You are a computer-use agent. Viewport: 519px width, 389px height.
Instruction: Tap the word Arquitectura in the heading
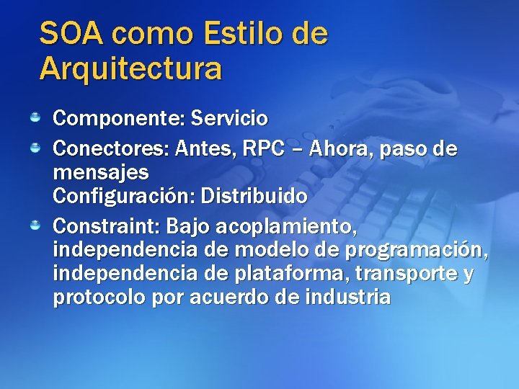[130, 69]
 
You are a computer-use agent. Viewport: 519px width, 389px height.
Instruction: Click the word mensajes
[101, 174]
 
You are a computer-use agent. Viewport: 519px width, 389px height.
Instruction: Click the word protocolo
[99, 298]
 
